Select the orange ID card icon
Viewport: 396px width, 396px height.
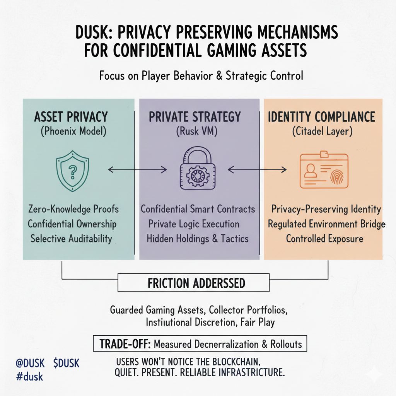point(324,170)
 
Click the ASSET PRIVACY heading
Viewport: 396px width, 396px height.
point(71,117)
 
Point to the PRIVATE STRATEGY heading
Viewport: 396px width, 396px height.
point(195,117)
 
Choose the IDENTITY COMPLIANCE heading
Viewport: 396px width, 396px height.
point(321,117)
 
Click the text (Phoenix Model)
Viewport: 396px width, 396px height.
point(73,131)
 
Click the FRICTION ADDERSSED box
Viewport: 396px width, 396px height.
point(196,283)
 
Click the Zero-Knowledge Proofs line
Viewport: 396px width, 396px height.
point(73,209)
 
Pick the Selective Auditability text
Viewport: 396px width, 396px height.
point(71,238)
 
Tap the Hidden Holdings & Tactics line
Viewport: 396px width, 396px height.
point(197,238)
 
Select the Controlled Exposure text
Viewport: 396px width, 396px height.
point(324,238)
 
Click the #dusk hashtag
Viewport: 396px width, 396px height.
point(29,376)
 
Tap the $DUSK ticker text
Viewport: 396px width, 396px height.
point(66,364)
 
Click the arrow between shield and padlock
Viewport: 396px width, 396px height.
point(137,169)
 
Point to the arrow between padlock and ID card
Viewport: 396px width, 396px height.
point(257,169)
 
